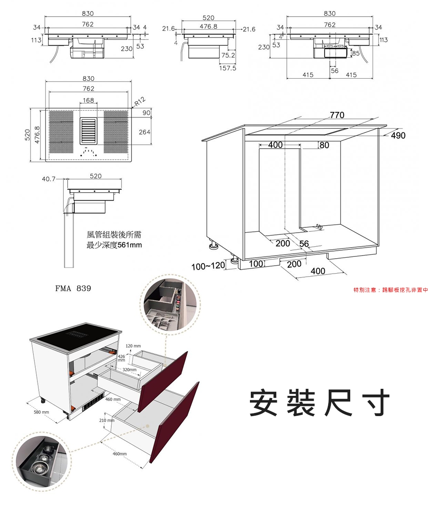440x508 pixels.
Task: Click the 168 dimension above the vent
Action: point(88,101)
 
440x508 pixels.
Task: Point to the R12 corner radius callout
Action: point(139,102)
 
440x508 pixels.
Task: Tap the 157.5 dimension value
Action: point(228,69)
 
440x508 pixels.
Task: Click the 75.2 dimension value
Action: point(228,55)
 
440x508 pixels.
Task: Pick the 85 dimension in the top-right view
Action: point(356,53)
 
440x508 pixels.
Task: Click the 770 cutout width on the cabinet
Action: point(337,116)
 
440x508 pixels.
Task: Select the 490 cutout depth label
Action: point(398,136)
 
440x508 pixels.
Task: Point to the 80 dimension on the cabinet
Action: point(324,145)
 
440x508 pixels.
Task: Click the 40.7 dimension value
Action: point(48,179)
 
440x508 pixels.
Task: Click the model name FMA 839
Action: point(73,289)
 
